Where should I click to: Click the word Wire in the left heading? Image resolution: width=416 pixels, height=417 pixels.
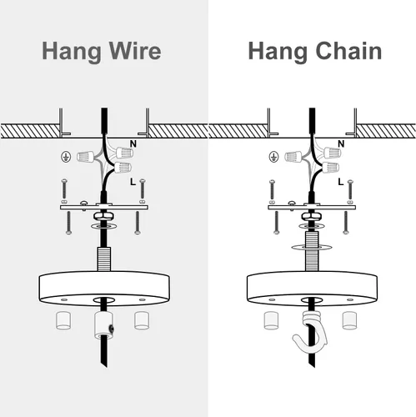(x=135, y=51)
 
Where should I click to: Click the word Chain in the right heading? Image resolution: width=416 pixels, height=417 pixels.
(x=348, y=51)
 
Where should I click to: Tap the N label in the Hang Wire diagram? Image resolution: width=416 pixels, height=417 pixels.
(x=133, y=143)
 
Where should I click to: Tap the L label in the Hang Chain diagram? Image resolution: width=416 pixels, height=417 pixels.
(x=341, y=182)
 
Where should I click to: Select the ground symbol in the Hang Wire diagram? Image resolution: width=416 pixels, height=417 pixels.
(x=66, y=157)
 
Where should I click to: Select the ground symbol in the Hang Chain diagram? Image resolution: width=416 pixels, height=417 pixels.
(x=273, y=157)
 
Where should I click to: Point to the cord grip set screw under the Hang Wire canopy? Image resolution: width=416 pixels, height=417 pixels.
(x=111, y=329)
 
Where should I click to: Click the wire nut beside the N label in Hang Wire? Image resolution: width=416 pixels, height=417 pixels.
(x=124, y=152)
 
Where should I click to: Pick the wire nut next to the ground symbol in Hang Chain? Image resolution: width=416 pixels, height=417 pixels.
(x=293, y=157)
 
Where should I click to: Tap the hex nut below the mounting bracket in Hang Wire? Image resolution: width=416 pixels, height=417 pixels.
(x=103, y=216)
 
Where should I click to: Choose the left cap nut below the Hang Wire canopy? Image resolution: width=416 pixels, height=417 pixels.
(x=63, y=320)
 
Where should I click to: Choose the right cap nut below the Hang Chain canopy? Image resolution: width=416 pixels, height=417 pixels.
(x=350, y=320)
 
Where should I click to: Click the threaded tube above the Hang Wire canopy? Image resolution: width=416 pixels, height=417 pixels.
(x=104, y=259)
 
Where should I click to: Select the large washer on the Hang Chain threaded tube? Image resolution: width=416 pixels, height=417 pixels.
(x=312, y=247)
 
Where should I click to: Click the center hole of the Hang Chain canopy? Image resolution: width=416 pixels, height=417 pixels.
(x=312, y=300)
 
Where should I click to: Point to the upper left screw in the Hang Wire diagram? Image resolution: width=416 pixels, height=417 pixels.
(x=64, y=189)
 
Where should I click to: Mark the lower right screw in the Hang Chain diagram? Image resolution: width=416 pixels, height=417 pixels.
(x=346, y=223)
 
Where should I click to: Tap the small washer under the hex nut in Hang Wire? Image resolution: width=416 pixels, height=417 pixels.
(x=103, y=226)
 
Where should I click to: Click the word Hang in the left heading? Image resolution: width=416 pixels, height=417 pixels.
(x=72, y=52)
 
